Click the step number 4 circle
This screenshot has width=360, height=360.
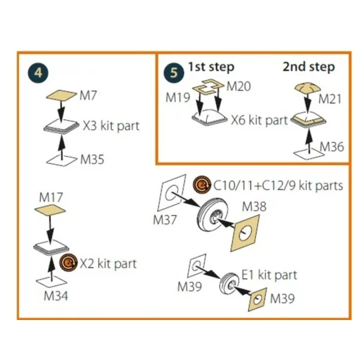(38, 73)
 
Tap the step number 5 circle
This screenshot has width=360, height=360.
(174, 73)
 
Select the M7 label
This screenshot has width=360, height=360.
(89, 95)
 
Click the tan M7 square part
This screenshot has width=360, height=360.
(61, 95)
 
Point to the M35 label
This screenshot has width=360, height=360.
(92, 159)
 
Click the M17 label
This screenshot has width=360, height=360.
(51, 197)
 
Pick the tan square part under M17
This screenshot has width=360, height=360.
(50, 210)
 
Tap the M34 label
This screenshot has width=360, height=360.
(56, 296)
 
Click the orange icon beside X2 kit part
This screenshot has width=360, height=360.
(69, 263)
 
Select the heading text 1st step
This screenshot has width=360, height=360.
(211, 67)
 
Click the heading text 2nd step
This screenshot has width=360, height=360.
(309, 67)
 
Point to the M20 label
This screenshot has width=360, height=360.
(239, 87)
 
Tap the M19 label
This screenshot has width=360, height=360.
(178, 97)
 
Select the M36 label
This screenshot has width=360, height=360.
(332, 147)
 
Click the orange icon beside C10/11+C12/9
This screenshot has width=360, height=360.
(202, 185)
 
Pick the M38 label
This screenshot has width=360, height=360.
(255, 207)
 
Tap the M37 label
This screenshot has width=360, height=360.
(165, 220)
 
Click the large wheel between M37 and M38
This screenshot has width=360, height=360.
(213, 215)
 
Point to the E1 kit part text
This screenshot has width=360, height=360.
(269, 275)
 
